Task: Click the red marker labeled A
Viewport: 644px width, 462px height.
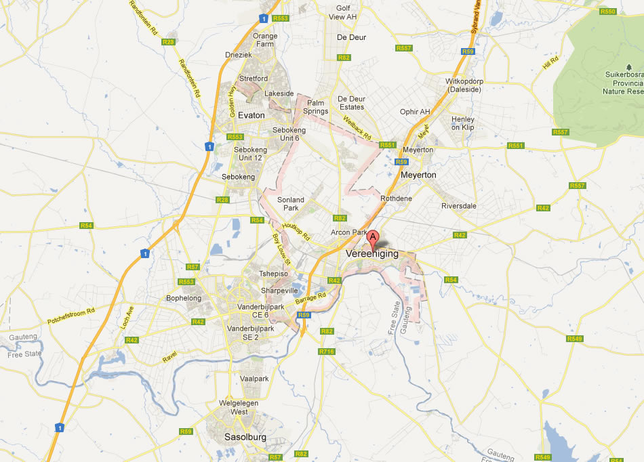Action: coord(372,238)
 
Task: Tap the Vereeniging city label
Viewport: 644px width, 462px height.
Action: coord(372,254)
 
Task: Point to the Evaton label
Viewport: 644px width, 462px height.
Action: coord(251,115)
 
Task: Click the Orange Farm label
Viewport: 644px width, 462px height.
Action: coord(265,41)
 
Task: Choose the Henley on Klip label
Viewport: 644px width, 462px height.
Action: coord(463,123)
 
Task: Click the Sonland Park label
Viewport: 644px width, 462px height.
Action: coord(291,204)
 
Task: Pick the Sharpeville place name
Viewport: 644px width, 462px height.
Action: coord(279,291)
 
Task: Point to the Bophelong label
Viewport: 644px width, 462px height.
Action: coord(184,298)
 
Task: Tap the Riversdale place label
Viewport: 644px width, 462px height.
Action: coord(459,206)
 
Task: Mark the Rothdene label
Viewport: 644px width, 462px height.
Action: coord(396,198)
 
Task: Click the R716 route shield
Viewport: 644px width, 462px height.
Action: coord(327,352)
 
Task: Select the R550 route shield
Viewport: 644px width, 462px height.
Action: coord(608,12)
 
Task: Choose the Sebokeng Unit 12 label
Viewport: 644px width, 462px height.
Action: coord(247,154)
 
